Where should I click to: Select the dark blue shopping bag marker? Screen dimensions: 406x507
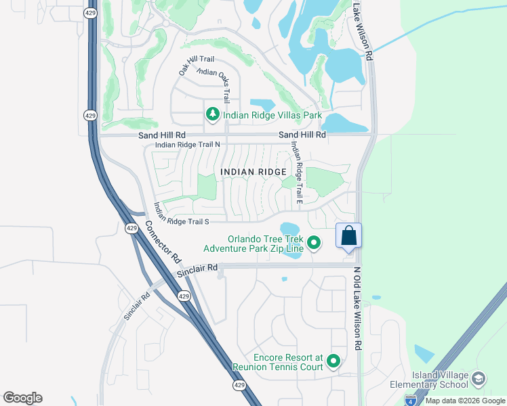click(348, 237)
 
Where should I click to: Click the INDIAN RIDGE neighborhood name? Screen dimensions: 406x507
click(254, 172)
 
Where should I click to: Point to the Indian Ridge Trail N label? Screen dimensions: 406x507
click(188, 145)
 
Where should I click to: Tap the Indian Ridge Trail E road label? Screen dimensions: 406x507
click(296, 172)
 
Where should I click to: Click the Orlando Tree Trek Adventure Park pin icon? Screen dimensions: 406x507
click(314, 242)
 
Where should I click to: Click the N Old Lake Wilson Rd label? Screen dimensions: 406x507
click(358, 308)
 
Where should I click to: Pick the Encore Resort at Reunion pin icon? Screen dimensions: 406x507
click(333, 362)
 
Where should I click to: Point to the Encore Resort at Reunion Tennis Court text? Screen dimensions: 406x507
click(278, 362)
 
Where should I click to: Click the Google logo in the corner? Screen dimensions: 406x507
click(22, 398)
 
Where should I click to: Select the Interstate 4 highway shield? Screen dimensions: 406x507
click(411, 401)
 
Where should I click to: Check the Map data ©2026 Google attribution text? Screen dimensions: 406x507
click(465, 401)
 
